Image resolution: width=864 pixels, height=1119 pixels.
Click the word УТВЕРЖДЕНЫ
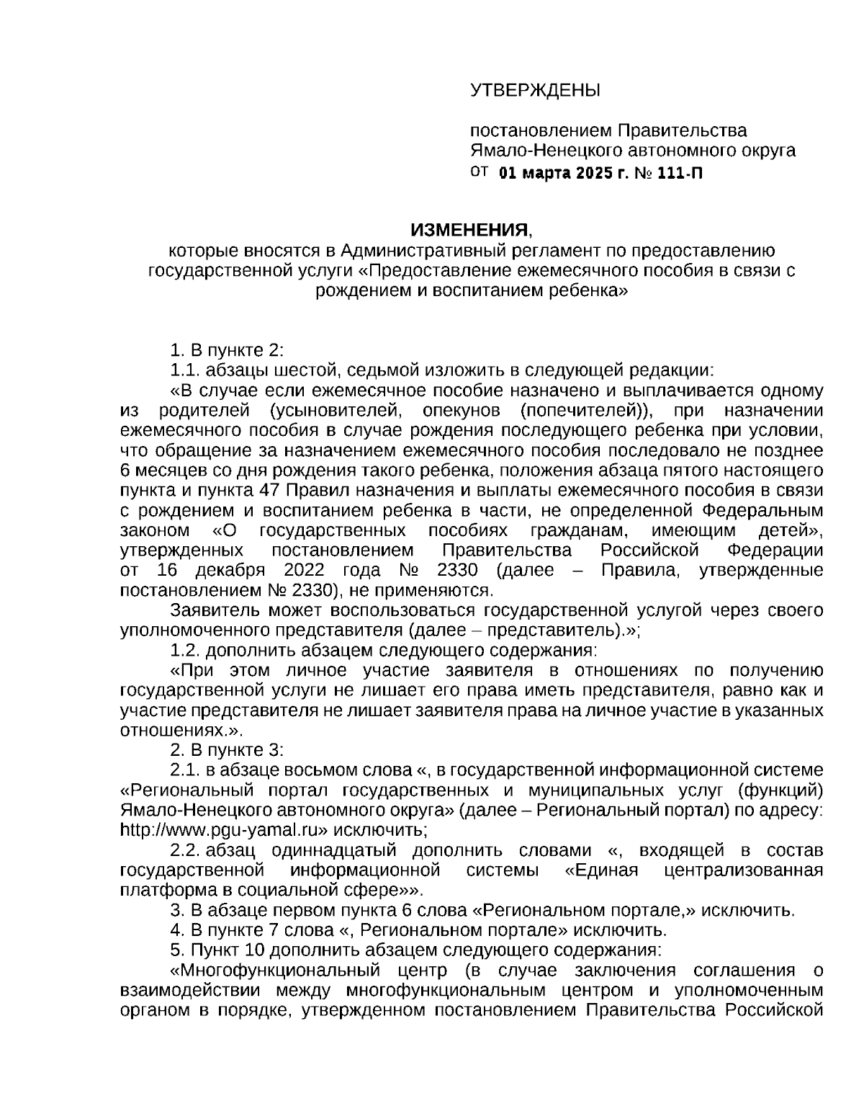point(534,91)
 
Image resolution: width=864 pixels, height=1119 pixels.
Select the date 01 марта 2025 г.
point(564,174)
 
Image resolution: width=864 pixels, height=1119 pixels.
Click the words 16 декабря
point(210,571)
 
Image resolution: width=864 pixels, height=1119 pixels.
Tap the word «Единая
point(602,870)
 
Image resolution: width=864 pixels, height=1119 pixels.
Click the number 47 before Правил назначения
point(264,491)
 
